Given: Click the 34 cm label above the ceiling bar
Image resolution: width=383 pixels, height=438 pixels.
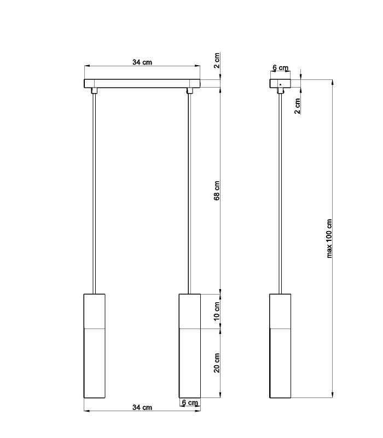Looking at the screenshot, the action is pyautogui.click(x=142, y=62).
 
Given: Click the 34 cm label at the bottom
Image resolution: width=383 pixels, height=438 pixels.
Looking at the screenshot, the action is pyautogui.click(x=142, y=407).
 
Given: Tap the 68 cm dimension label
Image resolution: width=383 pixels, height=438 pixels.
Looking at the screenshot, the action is pyautogui.click(x=217, y=191).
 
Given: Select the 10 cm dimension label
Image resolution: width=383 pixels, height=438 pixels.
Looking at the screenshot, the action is pyautogui.click(x=217, y=311).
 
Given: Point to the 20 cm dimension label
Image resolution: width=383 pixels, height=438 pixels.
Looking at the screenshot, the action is pyautogui.click(x=217, y=362).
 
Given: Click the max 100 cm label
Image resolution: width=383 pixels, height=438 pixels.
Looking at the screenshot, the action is pyautogui.click(x=329, y=239).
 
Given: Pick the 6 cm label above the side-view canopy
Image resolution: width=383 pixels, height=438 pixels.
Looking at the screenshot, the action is pyautogui.click(x=281, y=67).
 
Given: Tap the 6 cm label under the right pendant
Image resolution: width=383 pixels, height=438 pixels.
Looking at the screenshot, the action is pyautogui.click(x=190, y=402).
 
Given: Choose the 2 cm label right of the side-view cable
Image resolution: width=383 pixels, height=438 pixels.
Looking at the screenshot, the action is pyautogui.click(x=297, y=106).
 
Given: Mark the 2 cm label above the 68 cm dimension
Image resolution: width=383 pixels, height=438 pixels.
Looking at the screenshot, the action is pyautogui.click(x=217, y=60).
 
